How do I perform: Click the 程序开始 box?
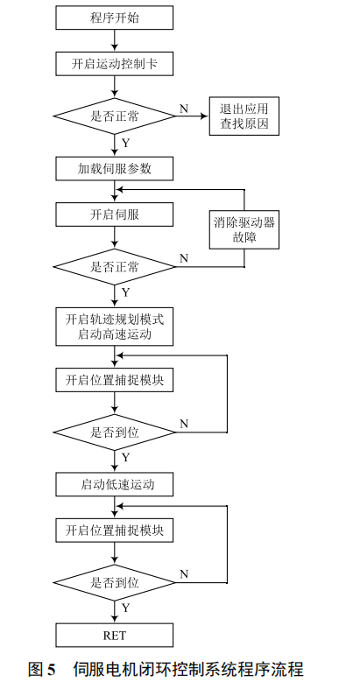[114, 17]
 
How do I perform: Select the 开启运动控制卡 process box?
[114, 65]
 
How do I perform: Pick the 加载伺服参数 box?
[114, 166]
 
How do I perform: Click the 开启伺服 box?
[114, 214]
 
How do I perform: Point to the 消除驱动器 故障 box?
[244, 229]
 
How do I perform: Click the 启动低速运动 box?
[114, 483]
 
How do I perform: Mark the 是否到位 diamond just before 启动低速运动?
[114, 432]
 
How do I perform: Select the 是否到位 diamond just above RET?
[114, 581]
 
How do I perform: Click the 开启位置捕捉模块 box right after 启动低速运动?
[114, 531]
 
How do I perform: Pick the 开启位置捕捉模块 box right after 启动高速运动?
[114, 380]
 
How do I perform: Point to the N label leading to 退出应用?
[184, 108]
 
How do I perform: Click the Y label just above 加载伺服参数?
[125, 142]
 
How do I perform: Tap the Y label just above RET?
[125, 608]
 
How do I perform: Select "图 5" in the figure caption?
[42, 669]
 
